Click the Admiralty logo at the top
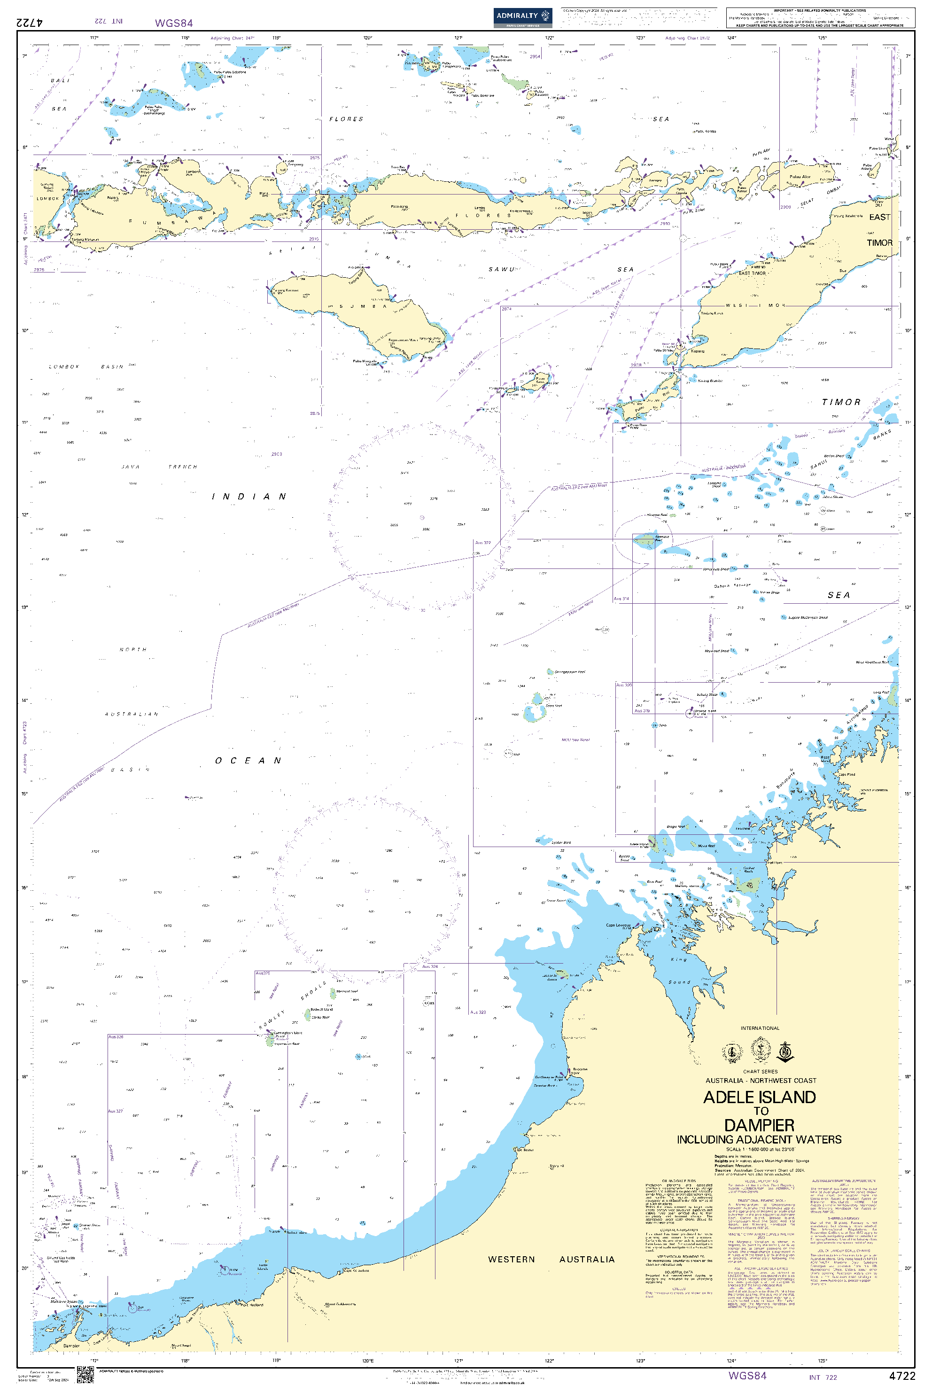point(522,16)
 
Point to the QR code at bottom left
point(85,1374)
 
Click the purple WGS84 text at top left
point(173,23)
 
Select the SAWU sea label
point(502,269)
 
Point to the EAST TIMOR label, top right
point(880,229)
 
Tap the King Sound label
point(679,971)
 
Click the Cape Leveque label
point(618,925)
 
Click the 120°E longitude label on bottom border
point(368,1360)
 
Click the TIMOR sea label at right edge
point(841,403)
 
